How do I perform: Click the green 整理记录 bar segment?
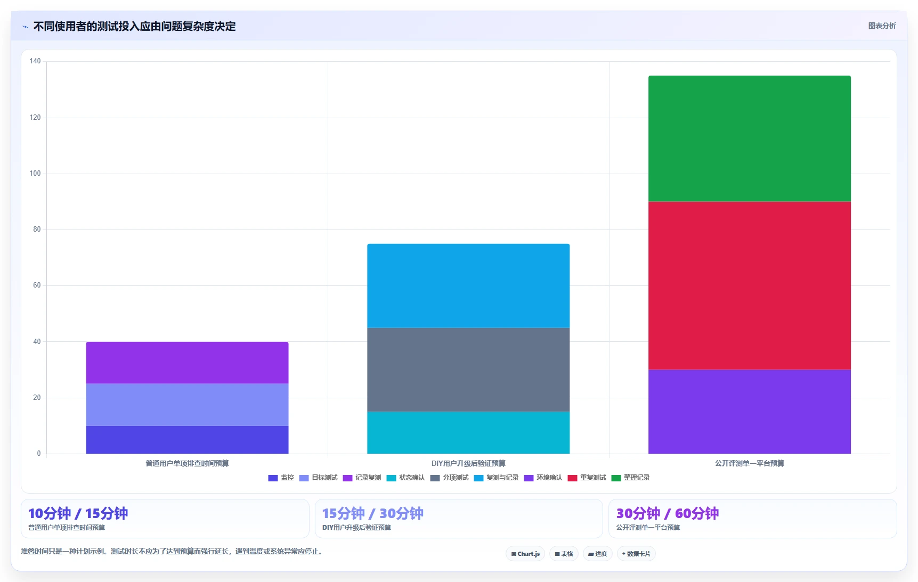(749, 138)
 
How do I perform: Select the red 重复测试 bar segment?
(749, 285)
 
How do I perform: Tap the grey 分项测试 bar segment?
(468, 370)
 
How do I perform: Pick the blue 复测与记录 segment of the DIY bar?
(468, 285)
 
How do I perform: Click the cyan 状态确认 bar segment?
(468, 432)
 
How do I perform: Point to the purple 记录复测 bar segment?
(187, 363)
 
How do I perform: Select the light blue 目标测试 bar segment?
(187, 405)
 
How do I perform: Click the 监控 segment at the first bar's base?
(187, 440)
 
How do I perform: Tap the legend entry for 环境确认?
(543, 478)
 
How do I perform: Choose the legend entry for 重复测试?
(587, 478)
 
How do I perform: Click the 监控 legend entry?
(281, 478)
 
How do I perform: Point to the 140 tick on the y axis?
(35, 61)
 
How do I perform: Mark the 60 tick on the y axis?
(37, 285)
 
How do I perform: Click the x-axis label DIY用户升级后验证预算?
(468, 463)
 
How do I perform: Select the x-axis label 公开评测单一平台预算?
(749, 463)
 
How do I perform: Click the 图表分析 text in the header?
(882, 26)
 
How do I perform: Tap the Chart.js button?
(525, 554)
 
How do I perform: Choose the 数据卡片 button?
(636, 554)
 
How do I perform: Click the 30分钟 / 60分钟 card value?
(668, 513)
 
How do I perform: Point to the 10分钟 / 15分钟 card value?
(78, 513)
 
